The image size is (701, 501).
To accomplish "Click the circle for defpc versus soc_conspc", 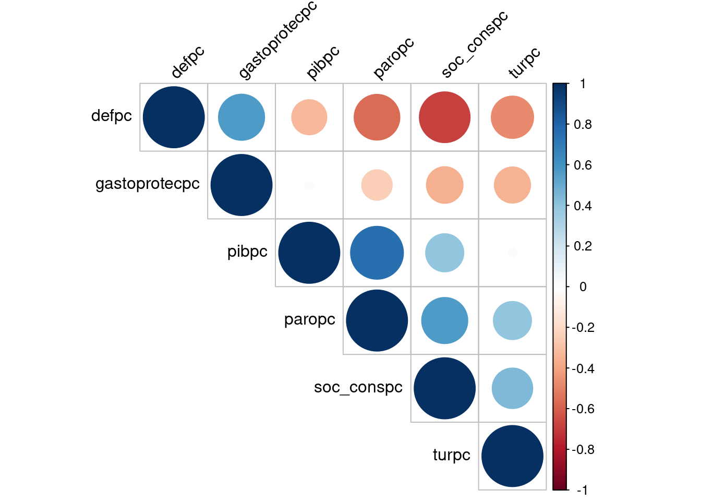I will (445, 117).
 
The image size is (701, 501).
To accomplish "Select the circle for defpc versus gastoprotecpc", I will (241, 117).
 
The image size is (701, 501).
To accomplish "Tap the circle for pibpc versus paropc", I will (377, 253).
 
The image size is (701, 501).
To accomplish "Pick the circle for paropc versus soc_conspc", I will (445, 320).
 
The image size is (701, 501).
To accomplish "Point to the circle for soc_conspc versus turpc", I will (513, 388).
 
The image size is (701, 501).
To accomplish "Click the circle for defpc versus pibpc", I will (309, 117).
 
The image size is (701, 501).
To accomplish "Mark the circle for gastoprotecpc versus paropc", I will (377, 185).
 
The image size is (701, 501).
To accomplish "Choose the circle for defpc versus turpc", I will (513, 117).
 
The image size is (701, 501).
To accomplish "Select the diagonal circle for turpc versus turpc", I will (513, 456).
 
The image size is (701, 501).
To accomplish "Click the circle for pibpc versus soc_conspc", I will (445, 253).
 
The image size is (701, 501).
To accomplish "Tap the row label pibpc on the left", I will (247, 252).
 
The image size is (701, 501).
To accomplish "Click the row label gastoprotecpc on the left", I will (148, 184).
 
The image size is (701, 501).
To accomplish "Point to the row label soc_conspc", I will (358, 387).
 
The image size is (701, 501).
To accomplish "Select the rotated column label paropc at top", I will (394, 58).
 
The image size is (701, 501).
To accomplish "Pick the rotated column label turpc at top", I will (525, 63).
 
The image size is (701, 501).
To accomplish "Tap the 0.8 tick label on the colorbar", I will (583, 124).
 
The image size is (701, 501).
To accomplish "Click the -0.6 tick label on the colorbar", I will (583, 409).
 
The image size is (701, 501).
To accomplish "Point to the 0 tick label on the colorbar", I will (583, 287).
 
